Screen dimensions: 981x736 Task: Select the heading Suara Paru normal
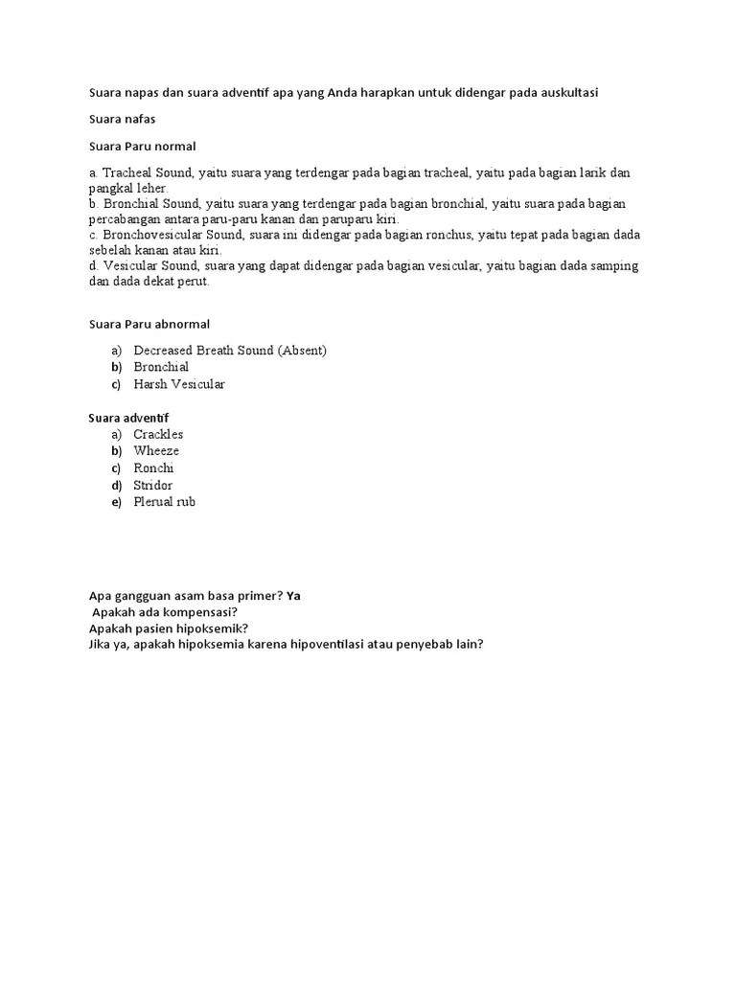tap(142, 147)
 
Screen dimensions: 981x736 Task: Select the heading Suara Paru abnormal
tap(149, 324)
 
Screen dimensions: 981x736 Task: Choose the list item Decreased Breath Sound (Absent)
tap(230, 351)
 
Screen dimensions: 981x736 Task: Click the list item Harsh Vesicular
tap(179, 384)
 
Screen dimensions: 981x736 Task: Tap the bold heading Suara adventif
tap(128, 418)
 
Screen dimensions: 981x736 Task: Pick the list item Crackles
tap(158, 434)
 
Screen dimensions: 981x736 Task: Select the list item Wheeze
tap(156, 451)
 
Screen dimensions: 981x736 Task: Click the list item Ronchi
tap(153, 468)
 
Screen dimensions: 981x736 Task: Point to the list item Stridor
tap(153, 486)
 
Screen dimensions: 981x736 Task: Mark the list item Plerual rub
tap(164, 502)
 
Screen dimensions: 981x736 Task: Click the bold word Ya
tap(293, 595)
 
